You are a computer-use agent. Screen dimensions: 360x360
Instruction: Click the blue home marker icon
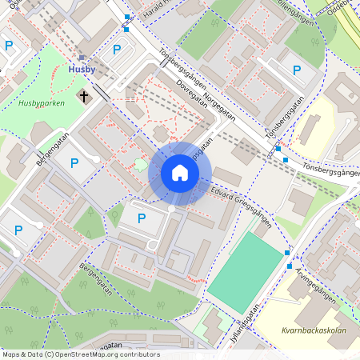(180, 173)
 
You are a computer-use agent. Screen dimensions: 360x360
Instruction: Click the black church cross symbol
(83, 96)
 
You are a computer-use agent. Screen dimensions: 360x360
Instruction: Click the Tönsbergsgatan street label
(283, 120)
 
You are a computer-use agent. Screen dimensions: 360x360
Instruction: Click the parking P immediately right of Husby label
(117, 50)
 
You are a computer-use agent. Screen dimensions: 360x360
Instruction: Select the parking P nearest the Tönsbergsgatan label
(296, 70)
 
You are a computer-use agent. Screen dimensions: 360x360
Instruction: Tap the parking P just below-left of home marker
(142, 218)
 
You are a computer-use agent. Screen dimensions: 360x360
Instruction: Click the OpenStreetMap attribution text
(82, 354)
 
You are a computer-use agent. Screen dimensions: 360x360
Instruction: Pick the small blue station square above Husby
(82, 58)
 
